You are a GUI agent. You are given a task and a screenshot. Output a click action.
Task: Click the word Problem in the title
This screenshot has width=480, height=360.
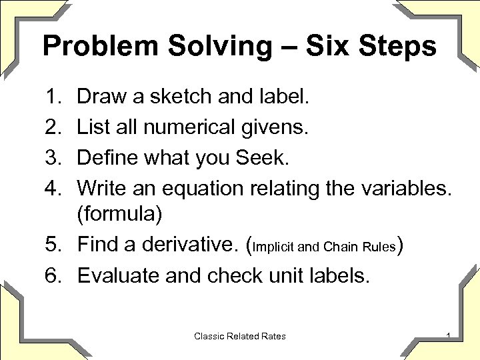coord(91,47)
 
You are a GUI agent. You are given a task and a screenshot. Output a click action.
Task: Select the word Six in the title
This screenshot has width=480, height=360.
coord(321,47)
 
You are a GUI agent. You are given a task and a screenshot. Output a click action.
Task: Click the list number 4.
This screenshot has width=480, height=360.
coord(52,188)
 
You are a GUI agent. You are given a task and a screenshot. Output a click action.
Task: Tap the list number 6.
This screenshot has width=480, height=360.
coord(52,275)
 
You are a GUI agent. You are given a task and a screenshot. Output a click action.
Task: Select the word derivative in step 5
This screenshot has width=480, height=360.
coord(189,245)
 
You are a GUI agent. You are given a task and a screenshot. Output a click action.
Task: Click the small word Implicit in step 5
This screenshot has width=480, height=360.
coord(274,247)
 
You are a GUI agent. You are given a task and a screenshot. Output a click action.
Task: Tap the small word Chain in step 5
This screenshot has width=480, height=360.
coord(339,247)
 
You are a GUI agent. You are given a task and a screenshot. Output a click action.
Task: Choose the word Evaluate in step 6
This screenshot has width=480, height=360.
coord(118,275)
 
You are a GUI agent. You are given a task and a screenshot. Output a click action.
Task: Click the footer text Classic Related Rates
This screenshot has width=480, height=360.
coord(240,336)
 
